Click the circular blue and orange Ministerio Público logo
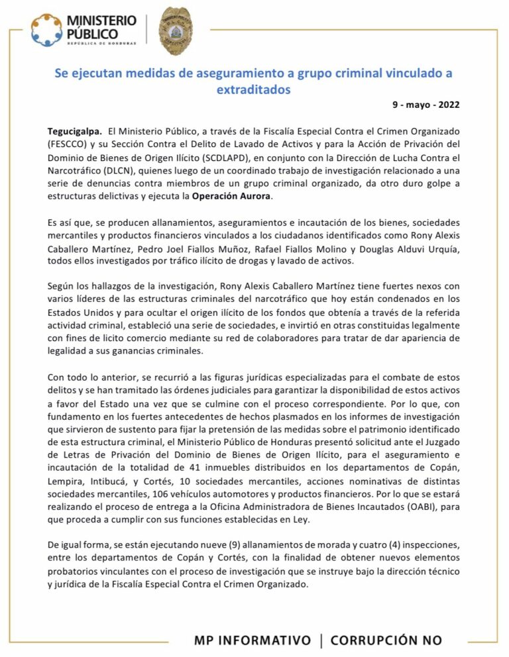pyautogui.click(x=47, y=30)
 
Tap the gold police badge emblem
pyautogui.click(x=175, y=32)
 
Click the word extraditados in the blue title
pyautogui.click(x=254, y=89)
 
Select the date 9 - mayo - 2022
pyautogui.click(x=426, y=105)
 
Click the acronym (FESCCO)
pyautogui.click(x=71, y=144)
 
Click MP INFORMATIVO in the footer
pyautogui.click(x=253, y=640)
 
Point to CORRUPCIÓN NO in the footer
pyautogui.click(x=386, y=640)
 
